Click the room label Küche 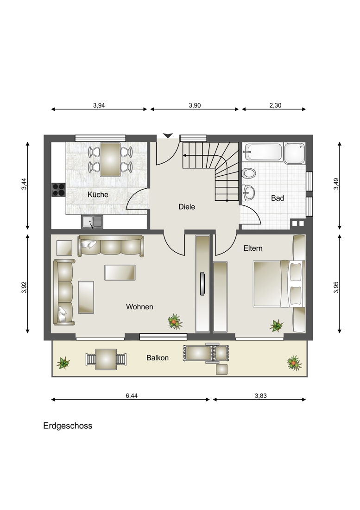[x=98, y=195]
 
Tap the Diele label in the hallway [x=187, y=207]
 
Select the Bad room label [x=277, y=198]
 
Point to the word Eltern [x=253, y=249]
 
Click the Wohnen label [x=139, y=307]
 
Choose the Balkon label [x=158, y=357]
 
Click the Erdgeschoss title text [x=68, y=426]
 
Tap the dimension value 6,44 [x=132, y=395]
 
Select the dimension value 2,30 [x=275, y=105]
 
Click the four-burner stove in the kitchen [x=58, y=189]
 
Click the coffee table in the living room [x=120, y=272]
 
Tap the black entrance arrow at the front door [x=168, y=135]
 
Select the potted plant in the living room [x=175, y=320]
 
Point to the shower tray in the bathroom [x=295, y=153]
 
